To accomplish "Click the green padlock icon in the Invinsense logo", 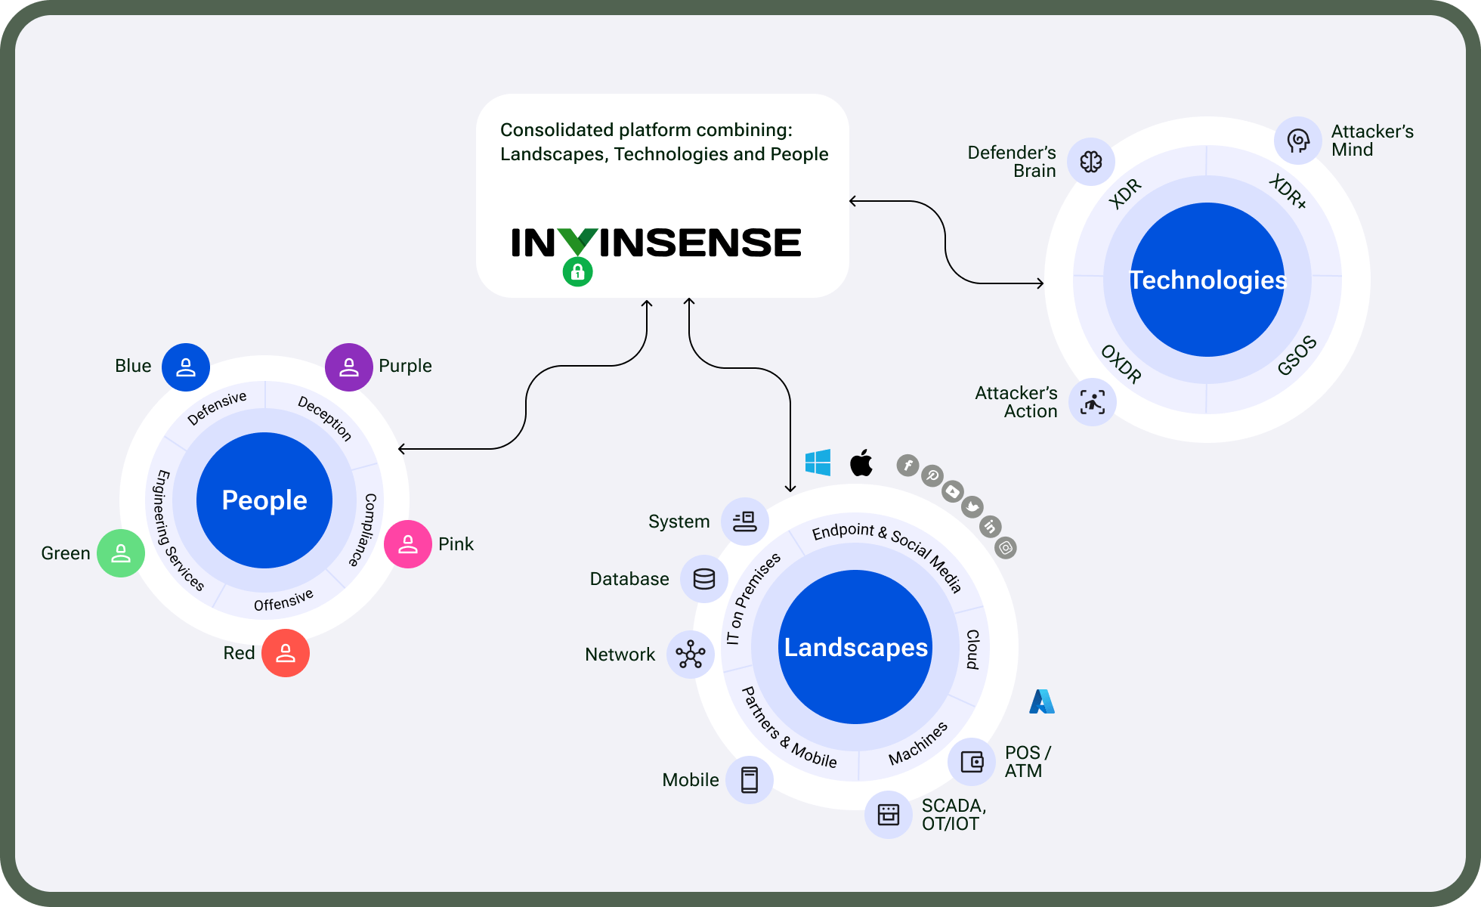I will point(577,271).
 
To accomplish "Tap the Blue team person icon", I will point(186,367).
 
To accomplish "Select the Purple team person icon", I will point(349,367).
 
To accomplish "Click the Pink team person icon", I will point(408,544).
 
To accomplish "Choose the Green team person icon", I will point(121,553).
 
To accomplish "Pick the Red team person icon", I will point(286,653).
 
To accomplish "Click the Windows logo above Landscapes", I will point(818,463).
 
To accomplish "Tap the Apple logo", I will point(861,463).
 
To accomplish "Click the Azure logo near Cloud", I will point(1042,701).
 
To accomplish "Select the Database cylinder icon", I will point(704,579).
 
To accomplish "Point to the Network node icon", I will point(691,655).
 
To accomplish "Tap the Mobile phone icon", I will point(750,780).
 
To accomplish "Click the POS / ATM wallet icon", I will point(972,762).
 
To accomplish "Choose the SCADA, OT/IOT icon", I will point(889,815).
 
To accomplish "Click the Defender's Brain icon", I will point(1091,162).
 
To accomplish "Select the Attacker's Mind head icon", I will point(1298,141).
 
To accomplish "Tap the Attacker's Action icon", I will point(1093,402).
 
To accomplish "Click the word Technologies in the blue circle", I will point(1207,280).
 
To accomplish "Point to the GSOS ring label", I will point(1297,355).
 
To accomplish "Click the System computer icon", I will point(745,522).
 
